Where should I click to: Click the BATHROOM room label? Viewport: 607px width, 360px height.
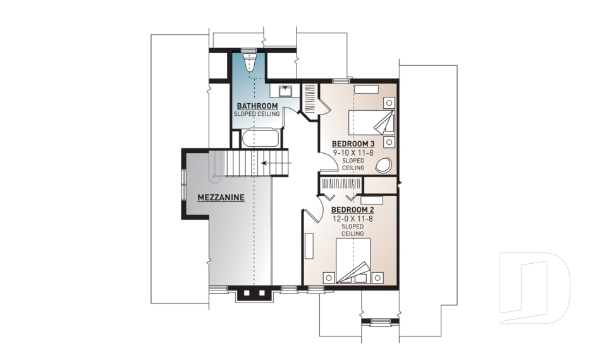pos(257,106)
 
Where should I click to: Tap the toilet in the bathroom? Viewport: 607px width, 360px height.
pos(249,61)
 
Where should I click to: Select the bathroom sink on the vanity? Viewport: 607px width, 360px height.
pos(282,89)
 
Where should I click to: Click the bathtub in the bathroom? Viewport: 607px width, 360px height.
pos(259,138)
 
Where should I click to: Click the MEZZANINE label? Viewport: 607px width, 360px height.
pos(221,197)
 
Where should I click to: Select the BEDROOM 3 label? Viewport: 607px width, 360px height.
pos(353,144)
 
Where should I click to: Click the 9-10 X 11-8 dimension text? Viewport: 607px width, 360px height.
pos(353,152)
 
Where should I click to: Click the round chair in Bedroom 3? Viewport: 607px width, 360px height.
pos(383,166)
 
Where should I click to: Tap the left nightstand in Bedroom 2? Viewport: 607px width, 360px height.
pos(328,276)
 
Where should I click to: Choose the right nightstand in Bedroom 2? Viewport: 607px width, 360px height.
pos(377,276)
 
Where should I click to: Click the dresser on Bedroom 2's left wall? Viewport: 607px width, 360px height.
pos(309,245)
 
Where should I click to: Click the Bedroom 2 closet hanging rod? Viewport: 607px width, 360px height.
pos(341,183)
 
